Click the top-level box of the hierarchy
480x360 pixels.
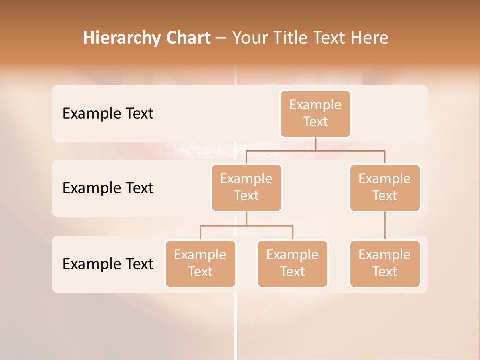pyautogui.click(x=315, y=114)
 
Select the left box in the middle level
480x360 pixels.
pyautogui.click(x=246, y=188)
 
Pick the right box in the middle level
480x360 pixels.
pyautogui.click(x=385, y=188)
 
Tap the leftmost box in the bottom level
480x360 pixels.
pyautogui.click(x=200, y=264)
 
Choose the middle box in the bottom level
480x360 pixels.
pyautogui.click(x=292, y=264)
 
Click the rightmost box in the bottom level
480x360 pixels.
pyautogui.click(x=385, y=264)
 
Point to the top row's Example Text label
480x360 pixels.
pyautogui.click(x=108, y=114)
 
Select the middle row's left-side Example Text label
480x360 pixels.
pyautogui.click(x=108, y=188)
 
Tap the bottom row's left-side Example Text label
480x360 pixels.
pyautogui.click(x=108, y=264)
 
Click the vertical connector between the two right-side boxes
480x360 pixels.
pyautogui.click(x=385, y=226)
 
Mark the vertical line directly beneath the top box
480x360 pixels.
pyautogui.click(x=315, y=144)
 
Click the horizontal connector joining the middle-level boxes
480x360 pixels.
pyautogui.click(x=315, y=150)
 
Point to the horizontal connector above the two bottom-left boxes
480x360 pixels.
pyautogui.click(x=246, y=226)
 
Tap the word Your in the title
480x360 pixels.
pyautogui.click(x=249, y=38)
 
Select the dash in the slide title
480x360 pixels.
pyautogui.click(x=221, y=38)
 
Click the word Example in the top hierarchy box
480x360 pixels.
pyautogui.click(x=315, y=105)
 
